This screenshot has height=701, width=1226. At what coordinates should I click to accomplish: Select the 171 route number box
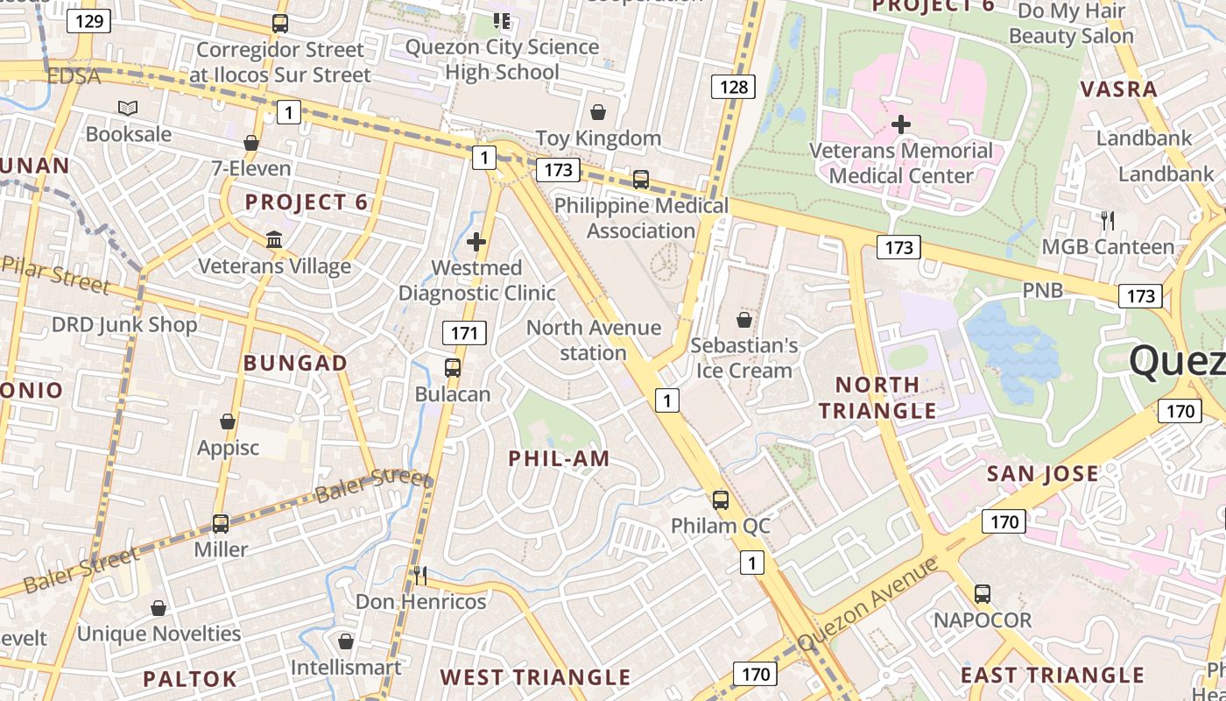464,333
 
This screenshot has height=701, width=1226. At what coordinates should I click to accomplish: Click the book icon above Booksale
128,108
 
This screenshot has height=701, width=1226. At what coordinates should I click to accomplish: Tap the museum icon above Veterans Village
274,239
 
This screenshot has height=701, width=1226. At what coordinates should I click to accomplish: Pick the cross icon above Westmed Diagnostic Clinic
476,241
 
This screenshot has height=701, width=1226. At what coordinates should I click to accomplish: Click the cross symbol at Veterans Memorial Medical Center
900,124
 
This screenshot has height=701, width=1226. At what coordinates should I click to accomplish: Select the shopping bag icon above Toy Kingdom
598,111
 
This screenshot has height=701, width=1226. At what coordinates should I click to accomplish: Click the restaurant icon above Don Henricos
420,575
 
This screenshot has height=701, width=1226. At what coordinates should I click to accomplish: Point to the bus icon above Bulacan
453,368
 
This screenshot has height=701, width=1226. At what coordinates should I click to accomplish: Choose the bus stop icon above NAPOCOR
982,593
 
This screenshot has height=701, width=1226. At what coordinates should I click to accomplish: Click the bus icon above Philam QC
720,499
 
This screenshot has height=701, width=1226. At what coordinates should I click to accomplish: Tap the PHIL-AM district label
559,458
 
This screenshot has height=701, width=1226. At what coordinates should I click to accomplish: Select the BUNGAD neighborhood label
295,363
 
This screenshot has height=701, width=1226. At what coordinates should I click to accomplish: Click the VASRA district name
1118,89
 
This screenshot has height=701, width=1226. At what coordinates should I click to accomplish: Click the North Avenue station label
594,340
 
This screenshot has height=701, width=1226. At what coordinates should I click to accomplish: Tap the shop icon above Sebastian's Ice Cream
743,319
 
